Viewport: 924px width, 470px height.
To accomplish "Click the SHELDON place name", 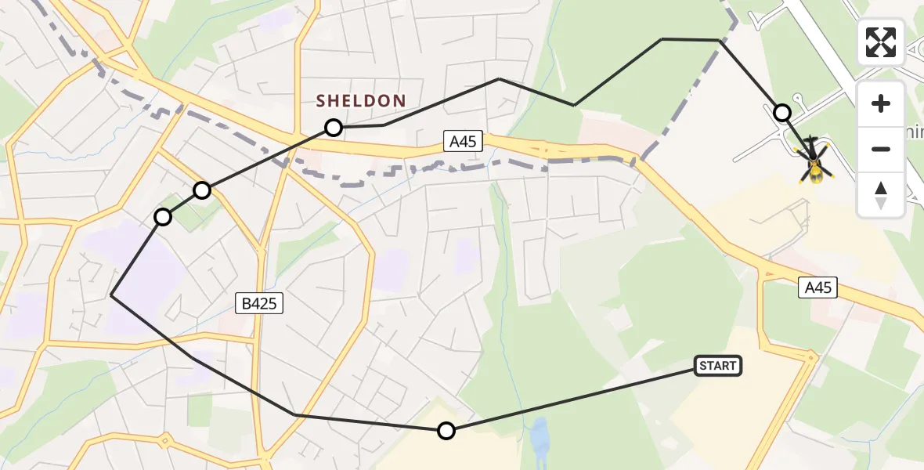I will pyautogui.click(x=361, y=100).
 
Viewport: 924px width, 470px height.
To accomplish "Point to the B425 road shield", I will pyautogui.click(x=259, y=303).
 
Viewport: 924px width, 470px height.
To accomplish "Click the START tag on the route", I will pyautogui.click(x=717, y=366).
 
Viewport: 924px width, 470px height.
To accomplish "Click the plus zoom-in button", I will pyautogui.click(x=881, y=103).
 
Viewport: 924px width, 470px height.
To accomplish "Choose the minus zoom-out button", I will pyautogui.click(x=881, y=149).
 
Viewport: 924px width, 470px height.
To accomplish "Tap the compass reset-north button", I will pyautogui.click(x=881, y=194).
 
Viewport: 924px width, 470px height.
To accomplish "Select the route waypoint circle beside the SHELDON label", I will pyautogui.click(x=334, y=127).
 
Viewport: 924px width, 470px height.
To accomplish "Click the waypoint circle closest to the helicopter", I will pyautogui.click(x=781, y=113).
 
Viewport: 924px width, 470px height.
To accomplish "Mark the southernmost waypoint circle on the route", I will pyautogui.click(x=446, y=430).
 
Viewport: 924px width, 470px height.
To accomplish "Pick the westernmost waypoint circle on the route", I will pyautogui.click(x=162, y=217).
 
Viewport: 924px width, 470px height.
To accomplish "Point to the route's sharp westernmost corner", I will pyautogui.click(x=112, y=295).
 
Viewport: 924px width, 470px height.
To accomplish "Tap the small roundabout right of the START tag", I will pyautogui.click(x=811, y=357).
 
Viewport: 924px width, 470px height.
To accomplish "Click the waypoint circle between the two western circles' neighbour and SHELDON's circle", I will pyautogui.click(x=202, y=190).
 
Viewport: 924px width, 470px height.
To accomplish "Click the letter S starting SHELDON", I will pyautogui.click(x=321, y=100).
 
